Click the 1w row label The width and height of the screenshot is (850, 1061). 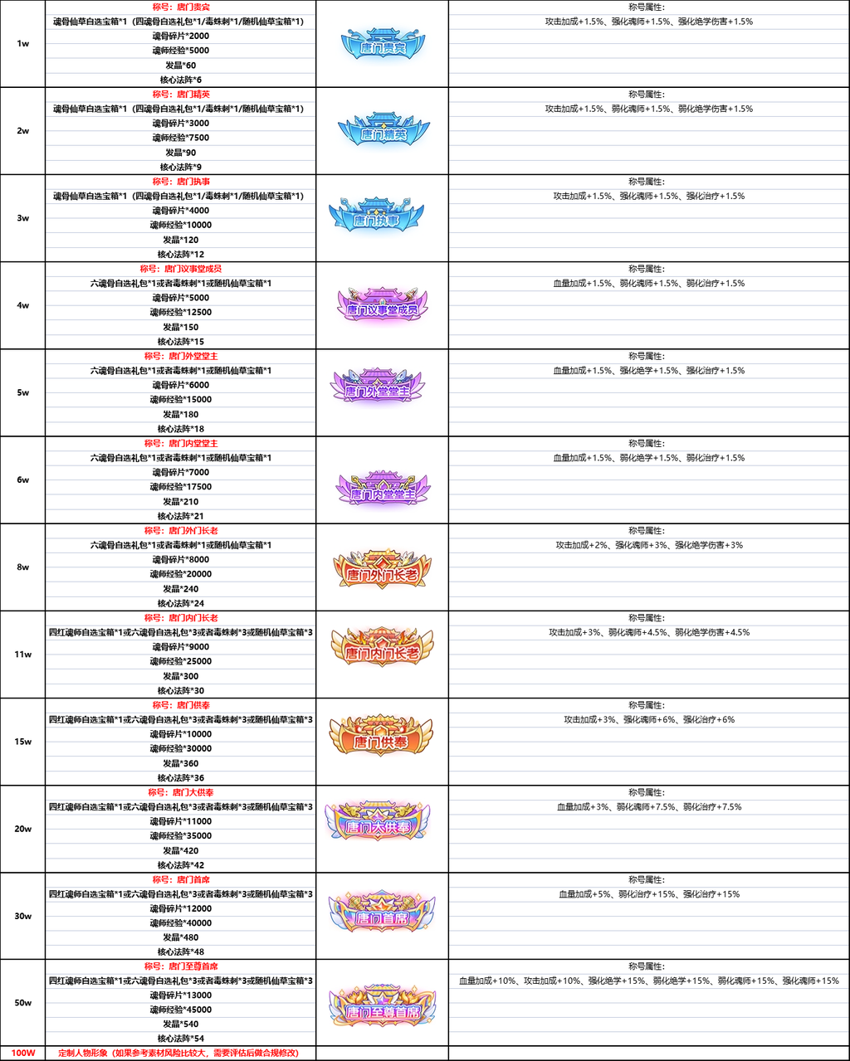(x=22, y=44)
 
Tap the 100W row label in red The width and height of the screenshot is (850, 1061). (x=22, y=1053)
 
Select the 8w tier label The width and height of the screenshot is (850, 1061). (x=22, y=567)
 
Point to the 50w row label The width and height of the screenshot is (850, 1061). (x=22, y=1003)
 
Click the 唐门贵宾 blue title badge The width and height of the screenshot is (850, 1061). (x=382, y=46)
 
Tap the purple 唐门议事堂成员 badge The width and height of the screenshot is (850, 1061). (x=382, y=306)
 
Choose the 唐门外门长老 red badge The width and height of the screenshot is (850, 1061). (x=382, y=569)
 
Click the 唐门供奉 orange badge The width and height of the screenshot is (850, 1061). (x=382, y=737)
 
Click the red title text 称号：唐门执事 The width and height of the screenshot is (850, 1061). (x=181, y=182)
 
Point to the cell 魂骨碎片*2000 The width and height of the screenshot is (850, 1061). (x=181, y=36)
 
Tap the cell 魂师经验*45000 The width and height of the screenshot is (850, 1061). (x=181, y=1010)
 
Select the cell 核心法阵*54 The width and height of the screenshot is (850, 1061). (x=181, y=1039)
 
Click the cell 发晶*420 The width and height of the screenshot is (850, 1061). (x=181, y=850)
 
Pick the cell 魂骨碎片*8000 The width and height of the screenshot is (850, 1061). (x=181, y=560)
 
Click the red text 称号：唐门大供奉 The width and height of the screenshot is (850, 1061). (x=181, y=792)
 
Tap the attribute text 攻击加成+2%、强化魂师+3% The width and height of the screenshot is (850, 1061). (x=649, y=545)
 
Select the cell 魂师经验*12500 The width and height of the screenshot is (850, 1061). (x=181, y=312)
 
